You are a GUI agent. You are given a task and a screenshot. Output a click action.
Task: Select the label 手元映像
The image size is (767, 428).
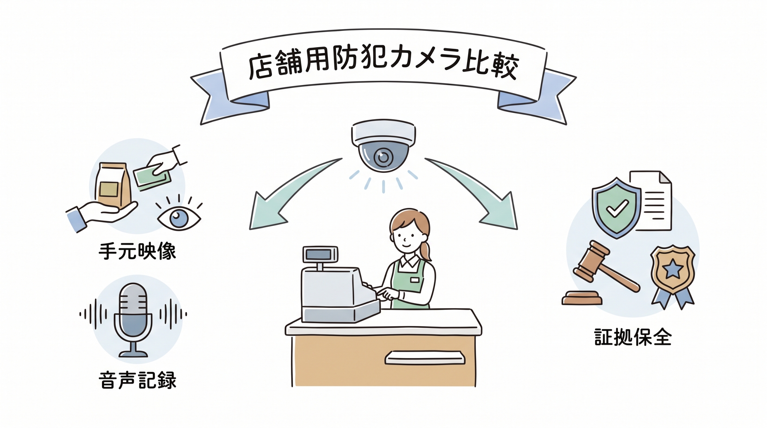pos(137,251)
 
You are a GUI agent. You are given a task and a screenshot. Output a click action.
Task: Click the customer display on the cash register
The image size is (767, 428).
pos(320,254)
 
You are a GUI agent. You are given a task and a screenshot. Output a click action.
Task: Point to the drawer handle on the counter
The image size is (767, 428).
pos(425,358)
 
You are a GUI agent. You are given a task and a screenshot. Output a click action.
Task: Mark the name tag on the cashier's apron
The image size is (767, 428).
pos(415,280)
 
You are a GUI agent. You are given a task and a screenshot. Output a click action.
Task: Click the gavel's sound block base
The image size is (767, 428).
pos(582,298)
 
